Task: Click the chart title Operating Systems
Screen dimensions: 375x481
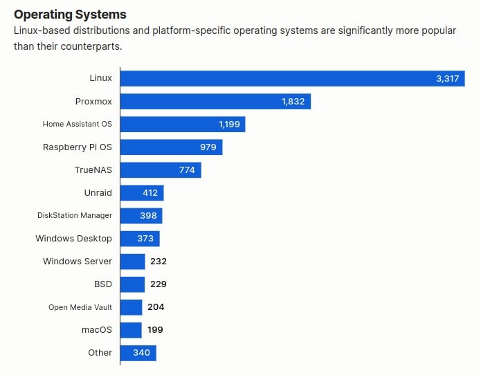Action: click(70, 14)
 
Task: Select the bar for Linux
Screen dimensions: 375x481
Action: click(277, 79)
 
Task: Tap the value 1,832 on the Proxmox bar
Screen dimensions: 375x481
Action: click(293, 102)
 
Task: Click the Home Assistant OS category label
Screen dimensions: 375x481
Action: click(77, 125)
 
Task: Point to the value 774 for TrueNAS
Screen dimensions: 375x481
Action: click(187, 170)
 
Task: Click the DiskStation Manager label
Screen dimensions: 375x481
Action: click(74, 216)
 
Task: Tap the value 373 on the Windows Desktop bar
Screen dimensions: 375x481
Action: click(146, 239)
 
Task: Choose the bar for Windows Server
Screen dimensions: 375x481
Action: click(132, 262)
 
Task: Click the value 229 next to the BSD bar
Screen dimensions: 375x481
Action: click(158, 284)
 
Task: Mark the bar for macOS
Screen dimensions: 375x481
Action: click(131, 330)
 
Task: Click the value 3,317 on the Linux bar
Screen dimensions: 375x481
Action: click(447, 79)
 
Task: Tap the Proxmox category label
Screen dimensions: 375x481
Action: click(93, 102)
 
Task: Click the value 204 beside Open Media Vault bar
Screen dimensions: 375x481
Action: click(156, 307)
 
